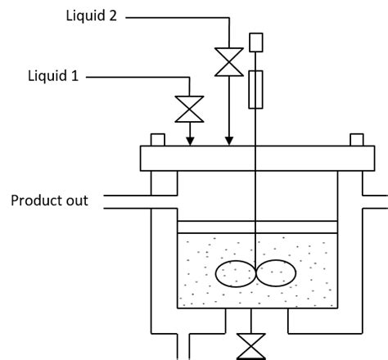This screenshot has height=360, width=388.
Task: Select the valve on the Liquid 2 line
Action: tap(228, 61)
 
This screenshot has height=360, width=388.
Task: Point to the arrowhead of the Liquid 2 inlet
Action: tap(229, 141)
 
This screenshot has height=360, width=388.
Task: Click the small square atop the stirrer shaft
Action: tap(256, 41)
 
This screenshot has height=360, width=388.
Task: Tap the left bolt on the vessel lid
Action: tap(157, 140)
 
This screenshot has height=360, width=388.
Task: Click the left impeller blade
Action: tap(233, 273)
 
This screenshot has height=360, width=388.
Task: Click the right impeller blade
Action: tap(277, 273)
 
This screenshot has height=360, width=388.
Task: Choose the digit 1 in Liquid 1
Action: tap(76, 77)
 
